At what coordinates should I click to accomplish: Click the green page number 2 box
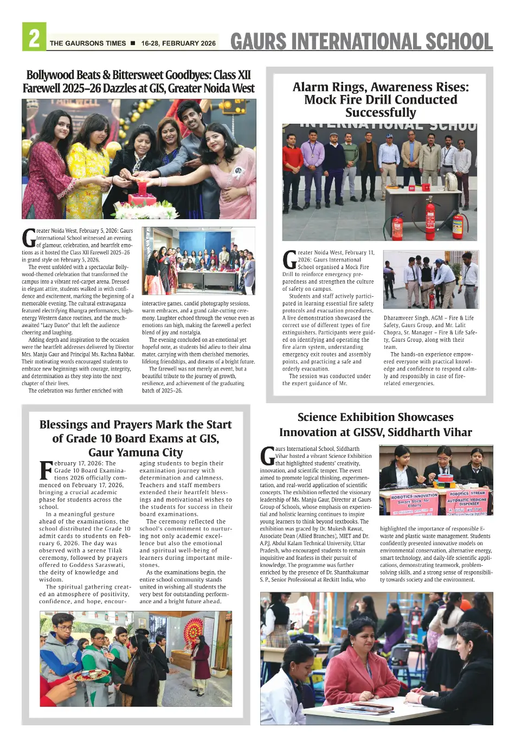coord(34,37)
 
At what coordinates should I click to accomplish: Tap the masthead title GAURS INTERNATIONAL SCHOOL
coord(361,41)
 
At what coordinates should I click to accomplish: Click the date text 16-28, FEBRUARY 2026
coord(178,43)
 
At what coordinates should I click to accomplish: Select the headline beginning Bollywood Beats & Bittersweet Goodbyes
coord(138,81)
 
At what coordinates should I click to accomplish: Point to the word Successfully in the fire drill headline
coord(381,113)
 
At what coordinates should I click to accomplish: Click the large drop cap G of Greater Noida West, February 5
coord(29,238)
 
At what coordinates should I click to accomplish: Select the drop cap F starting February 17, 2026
coord(46,470)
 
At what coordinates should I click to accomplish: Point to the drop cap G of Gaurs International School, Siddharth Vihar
coord(267,456)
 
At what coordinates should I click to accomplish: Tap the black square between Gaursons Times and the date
coord(133,43)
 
